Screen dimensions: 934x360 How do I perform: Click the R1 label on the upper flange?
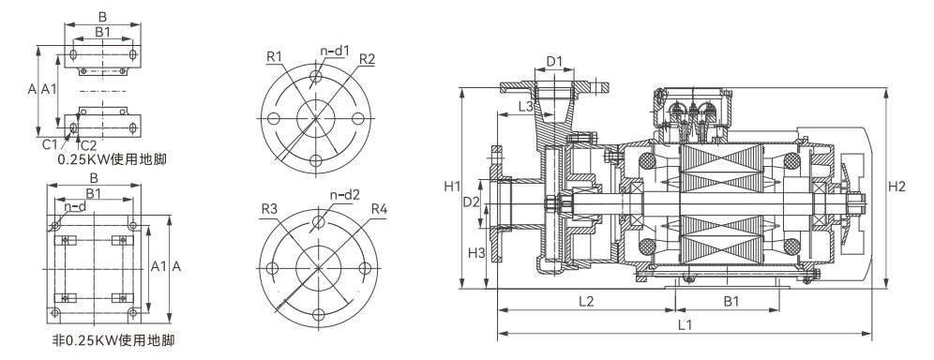(274, 56)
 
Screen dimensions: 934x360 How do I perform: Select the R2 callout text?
(367, 59)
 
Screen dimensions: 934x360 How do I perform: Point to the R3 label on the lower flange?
(269, 209)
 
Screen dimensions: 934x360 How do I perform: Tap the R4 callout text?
(379, 209)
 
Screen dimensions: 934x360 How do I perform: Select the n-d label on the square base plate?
(76, 206)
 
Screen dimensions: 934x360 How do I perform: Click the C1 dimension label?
(50, 144)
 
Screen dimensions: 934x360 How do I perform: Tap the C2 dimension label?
(88, 144)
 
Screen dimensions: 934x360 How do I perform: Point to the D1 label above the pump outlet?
(554, 61)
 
